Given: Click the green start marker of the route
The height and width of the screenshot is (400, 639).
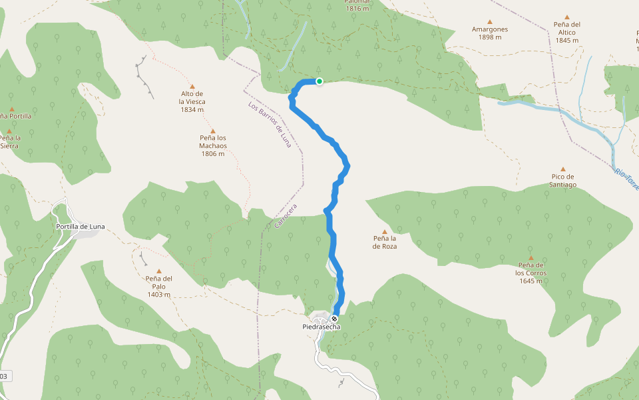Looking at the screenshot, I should click(319, 81).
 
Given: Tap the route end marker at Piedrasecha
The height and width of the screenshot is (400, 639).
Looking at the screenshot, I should click(334, 319).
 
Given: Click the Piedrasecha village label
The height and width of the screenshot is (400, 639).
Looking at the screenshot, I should click(321, 327).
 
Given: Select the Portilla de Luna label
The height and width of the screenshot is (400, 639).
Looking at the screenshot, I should click(80, 227).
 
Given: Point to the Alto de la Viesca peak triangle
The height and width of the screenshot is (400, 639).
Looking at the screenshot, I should click(192, 87).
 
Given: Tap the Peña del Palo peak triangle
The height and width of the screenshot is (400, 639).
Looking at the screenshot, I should click(158, 271).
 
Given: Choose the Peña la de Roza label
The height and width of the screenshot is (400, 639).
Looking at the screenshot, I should click(385, 242).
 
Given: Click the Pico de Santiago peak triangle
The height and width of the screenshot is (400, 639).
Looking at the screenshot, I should click(562, 169).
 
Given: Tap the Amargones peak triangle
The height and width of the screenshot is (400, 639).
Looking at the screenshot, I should click(490, 22).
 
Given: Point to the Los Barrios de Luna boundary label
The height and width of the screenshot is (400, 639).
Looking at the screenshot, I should click(270, 125).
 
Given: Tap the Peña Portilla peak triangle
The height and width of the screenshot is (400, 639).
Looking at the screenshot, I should click(11, 109).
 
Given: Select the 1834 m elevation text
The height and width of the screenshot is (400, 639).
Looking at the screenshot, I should click(192, 110).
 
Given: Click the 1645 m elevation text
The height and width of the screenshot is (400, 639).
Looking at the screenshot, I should click(531, 281).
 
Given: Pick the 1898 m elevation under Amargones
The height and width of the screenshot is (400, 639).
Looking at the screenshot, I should click(490, 37).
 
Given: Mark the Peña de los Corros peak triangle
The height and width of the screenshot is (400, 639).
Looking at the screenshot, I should click(531, 258).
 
